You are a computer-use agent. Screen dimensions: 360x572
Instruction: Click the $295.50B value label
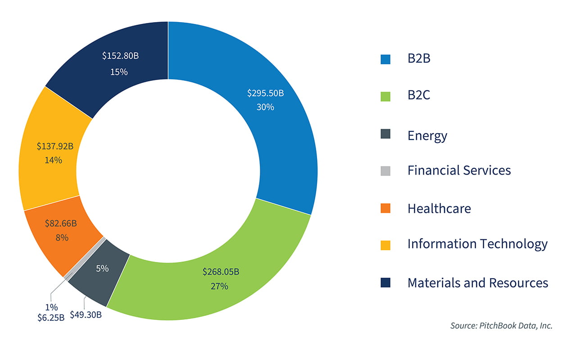pos(265,93)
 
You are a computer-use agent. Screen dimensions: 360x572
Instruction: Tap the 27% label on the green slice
pos(219,286)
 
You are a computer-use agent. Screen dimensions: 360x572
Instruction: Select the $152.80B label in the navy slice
pos(119,56)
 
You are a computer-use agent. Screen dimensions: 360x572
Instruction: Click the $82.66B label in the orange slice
pos(61,223)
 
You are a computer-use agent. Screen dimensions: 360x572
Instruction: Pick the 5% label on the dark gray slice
pos(102,268)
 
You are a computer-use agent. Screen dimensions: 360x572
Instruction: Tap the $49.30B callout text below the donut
pos(86,315)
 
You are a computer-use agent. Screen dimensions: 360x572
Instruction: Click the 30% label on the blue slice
pos(265,107)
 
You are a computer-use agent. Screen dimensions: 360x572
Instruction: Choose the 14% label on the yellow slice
pos(53,160)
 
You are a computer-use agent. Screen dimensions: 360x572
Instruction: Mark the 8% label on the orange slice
pos(62,237)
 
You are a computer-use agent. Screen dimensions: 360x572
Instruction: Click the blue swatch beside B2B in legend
pos(386,59)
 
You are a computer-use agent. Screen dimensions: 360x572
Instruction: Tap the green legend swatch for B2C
pos(386,96)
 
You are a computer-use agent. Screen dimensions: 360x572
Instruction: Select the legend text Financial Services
pos(459,171)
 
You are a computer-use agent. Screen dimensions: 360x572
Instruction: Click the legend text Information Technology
pos(477,244)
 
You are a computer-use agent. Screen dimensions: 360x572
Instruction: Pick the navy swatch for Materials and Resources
pos(386,283)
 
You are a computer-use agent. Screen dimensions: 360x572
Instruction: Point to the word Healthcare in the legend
pos(439,208)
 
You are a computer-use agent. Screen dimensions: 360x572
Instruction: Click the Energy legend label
pos(427,135)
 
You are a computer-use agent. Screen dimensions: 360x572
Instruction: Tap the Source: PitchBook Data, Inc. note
pos(501,326)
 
